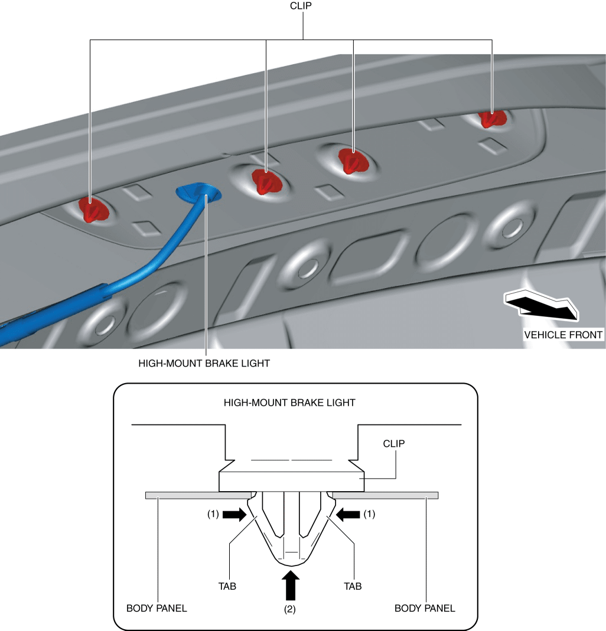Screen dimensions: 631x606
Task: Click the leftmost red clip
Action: point(93,210)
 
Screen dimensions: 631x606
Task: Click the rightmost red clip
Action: point(490,118)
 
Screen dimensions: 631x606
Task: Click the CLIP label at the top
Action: point(303,6)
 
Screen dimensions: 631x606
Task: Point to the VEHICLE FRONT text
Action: point(563,335)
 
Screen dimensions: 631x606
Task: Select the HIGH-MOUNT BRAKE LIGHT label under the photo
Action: point(204,364)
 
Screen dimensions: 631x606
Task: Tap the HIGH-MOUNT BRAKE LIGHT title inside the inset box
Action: point(289,403)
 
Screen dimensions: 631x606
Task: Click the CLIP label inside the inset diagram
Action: point(394,443)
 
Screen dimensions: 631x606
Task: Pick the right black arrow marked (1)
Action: point(348,515)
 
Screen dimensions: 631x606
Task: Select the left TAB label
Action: point(226,586)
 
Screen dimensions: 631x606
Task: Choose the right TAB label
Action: point(353,586)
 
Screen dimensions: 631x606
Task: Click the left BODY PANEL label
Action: point(157,608)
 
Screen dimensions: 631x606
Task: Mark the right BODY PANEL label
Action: point(425,608)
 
